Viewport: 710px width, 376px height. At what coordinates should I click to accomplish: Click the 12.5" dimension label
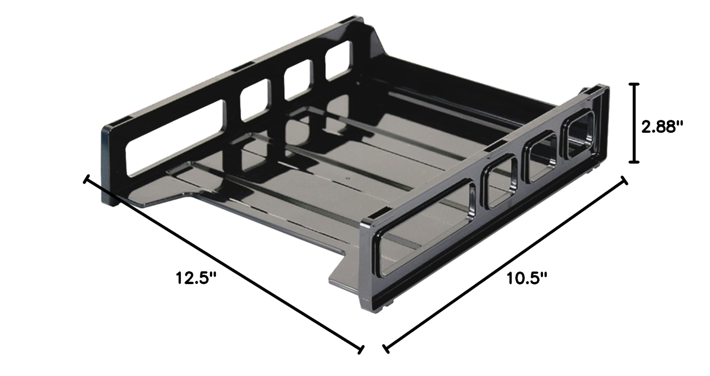point(196,278)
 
